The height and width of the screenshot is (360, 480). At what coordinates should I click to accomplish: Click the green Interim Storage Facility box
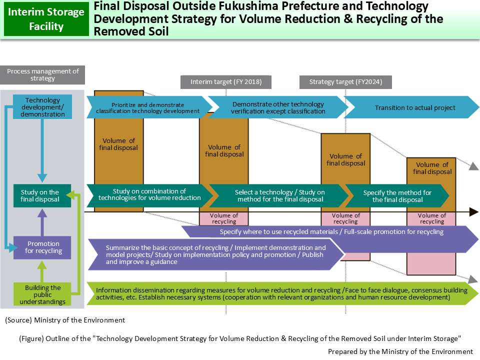(46, 19)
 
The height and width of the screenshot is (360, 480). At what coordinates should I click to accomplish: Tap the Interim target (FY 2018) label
(221, 82)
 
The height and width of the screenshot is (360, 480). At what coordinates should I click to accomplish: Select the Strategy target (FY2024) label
(344, 82)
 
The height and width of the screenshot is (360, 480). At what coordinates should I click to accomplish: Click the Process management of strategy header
(43, 74)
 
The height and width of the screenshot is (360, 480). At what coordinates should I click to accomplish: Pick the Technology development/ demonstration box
(42, 107)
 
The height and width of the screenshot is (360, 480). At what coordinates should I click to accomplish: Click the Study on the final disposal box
(40, 195)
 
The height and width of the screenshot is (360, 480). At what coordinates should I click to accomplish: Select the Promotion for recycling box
(43, 247)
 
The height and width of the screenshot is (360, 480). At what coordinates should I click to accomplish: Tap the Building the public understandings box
(42, 294)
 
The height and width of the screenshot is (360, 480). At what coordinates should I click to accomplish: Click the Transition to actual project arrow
(414, 107)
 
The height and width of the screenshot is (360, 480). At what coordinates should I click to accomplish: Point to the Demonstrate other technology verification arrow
(278, 107)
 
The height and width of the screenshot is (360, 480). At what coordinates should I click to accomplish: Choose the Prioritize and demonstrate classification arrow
(148, 107)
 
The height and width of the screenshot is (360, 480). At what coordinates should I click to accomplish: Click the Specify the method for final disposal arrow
(397, 196)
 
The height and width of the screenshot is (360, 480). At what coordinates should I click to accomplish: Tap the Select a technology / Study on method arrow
(279, 196)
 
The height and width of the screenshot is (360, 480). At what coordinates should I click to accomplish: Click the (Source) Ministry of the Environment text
(65, 320)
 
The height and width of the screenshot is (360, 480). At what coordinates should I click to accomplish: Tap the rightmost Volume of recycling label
(431, 218)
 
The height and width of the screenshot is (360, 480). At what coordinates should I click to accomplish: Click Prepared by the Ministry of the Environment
(400, 351)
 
